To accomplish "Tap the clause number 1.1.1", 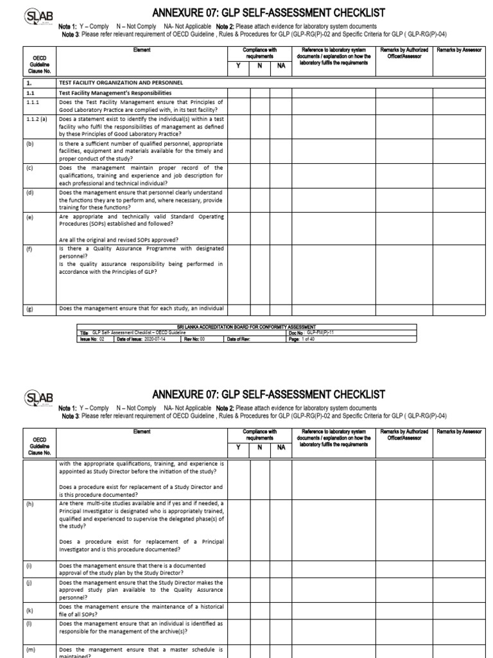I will pyautogui.click(x=33, y=102).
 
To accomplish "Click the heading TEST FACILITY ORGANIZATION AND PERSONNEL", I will pyautogui.click(x=120, y=83).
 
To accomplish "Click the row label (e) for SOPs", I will pyautogui.click(x=30, y=217).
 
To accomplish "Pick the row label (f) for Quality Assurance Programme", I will pyautogui.click(x=30, y=248).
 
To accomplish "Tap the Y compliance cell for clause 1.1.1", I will pyautogui.click(x=239, y=106).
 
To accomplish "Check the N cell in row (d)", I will pyautogui.click(x=260, y=200).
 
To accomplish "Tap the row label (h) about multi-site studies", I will pyautogui.click(x=30, y=504).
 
